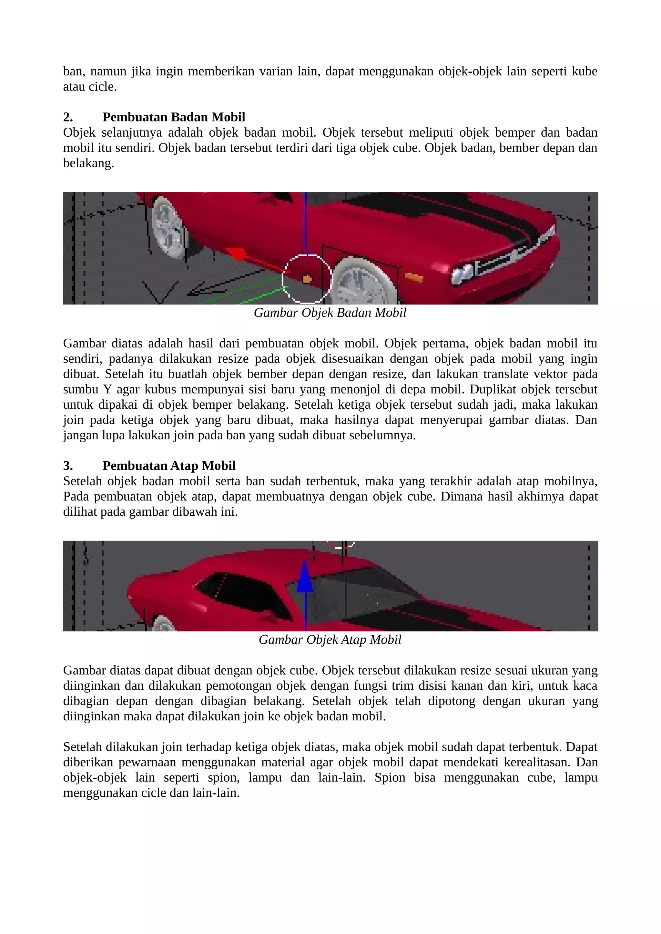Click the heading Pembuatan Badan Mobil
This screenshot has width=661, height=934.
pyautogui.click(x=174, y=117)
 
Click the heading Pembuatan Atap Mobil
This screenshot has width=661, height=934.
pyautogui.click(x=169, y=465)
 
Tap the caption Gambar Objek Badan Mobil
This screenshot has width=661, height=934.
pyautogui.click(x=330, y=313)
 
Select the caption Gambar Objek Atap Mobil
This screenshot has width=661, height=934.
pyautogui.click(x=330, y=640)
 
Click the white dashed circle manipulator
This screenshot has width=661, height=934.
pyautogui.click(x=307, y=279)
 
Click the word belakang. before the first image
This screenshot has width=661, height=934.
pyautogui.click(x=88, y=163)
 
